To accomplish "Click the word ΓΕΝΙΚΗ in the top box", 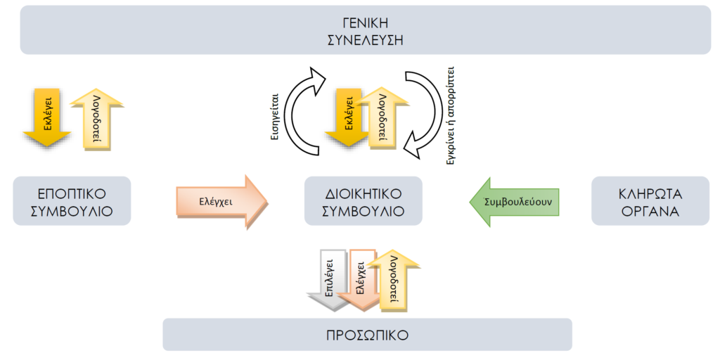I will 366,22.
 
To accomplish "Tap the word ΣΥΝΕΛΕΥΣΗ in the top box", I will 366,39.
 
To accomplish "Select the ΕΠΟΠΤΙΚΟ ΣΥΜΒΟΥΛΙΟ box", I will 72,201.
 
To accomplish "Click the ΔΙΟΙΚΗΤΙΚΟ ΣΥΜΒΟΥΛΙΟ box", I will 363,201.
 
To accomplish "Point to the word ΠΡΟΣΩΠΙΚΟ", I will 366,335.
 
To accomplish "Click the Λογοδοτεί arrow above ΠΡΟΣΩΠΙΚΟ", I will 393,280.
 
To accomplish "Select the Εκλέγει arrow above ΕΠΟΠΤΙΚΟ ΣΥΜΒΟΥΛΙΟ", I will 44,116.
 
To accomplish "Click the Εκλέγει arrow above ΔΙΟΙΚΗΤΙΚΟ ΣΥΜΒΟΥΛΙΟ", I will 347,116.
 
